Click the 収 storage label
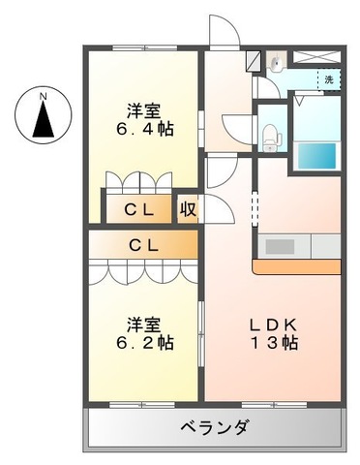[x=187, y=208]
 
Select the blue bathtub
[x=316, y=154]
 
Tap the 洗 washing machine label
[x=329, y=79]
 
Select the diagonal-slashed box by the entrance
[x=254, y=59]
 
